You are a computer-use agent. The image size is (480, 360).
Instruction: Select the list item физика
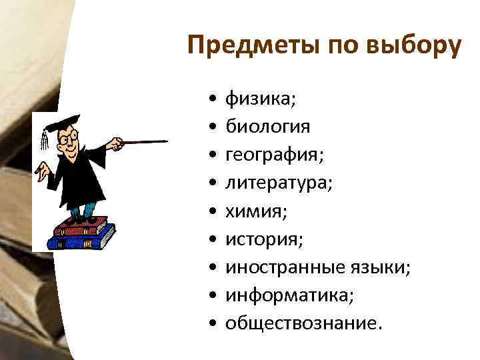(x=260, y=99)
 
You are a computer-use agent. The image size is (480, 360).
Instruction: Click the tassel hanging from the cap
(x=45, y=138)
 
